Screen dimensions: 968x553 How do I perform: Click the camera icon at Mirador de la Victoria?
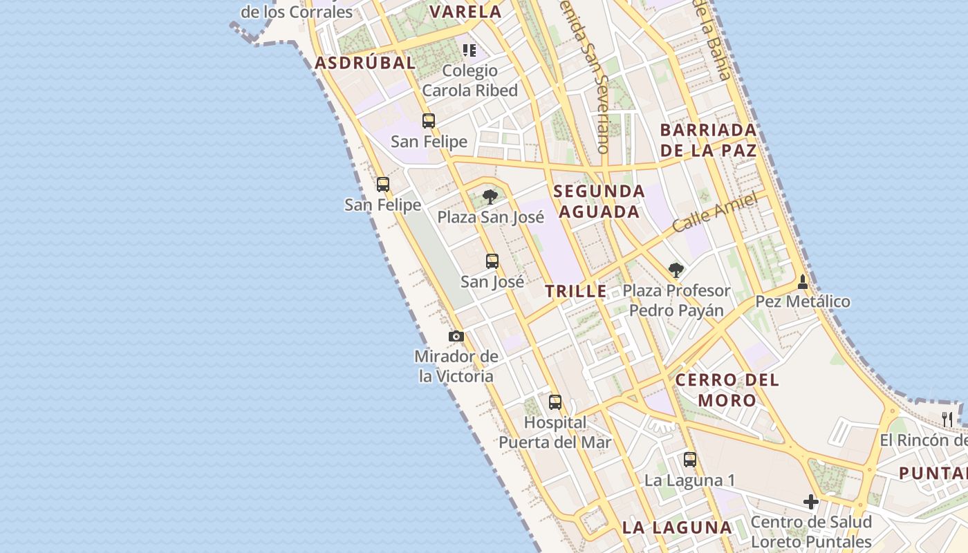click(x=456, y=337)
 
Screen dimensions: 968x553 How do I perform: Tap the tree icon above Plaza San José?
click(x=490, y=197)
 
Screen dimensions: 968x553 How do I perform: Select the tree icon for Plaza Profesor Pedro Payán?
click(x=676, y=270)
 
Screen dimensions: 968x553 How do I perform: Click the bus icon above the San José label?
click(x=492, y=261)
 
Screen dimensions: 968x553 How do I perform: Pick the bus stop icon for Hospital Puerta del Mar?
click(x=555, y=402)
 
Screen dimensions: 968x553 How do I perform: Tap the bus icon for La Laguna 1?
click(x=690, y=460)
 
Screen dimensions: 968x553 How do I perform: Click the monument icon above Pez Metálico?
click(x=803, y=281)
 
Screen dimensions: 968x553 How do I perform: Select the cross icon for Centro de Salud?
click(x=811, y=502)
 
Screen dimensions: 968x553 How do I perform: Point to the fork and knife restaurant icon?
click(x=947, y=419)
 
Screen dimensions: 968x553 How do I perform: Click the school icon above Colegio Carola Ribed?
click(x=470, y=50)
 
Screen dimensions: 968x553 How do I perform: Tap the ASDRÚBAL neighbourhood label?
click(x=365, y=63)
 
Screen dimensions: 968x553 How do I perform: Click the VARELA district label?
click(x=465, y=12)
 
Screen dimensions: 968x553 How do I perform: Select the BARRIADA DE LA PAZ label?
click(x=708, y=140)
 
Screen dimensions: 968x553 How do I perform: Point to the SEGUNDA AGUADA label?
click(x=599, y=201)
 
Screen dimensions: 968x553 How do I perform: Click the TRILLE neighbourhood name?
click(x=576, y=292)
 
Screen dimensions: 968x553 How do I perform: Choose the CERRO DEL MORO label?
click(x=727, y=390)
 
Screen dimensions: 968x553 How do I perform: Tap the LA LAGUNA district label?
click(x=677, y=527)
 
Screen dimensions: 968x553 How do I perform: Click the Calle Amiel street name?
click(x=715, y=212)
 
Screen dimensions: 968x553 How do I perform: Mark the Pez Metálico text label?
click(x=803, y=301)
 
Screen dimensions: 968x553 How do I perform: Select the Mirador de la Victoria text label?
click(x=456, y=366)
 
